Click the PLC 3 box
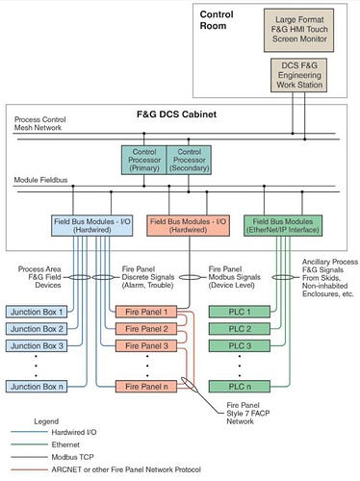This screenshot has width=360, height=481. pos(235,345)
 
